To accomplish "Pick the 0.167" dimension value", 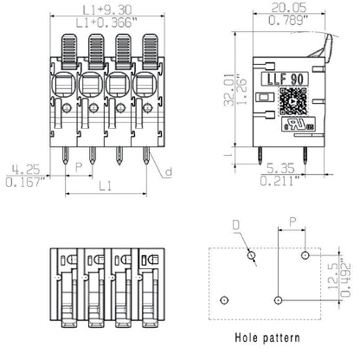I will point(23,183).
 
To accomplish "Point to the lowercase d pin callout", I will point(168,171).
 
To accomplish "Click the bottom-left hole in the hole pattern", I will point(224,299).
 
